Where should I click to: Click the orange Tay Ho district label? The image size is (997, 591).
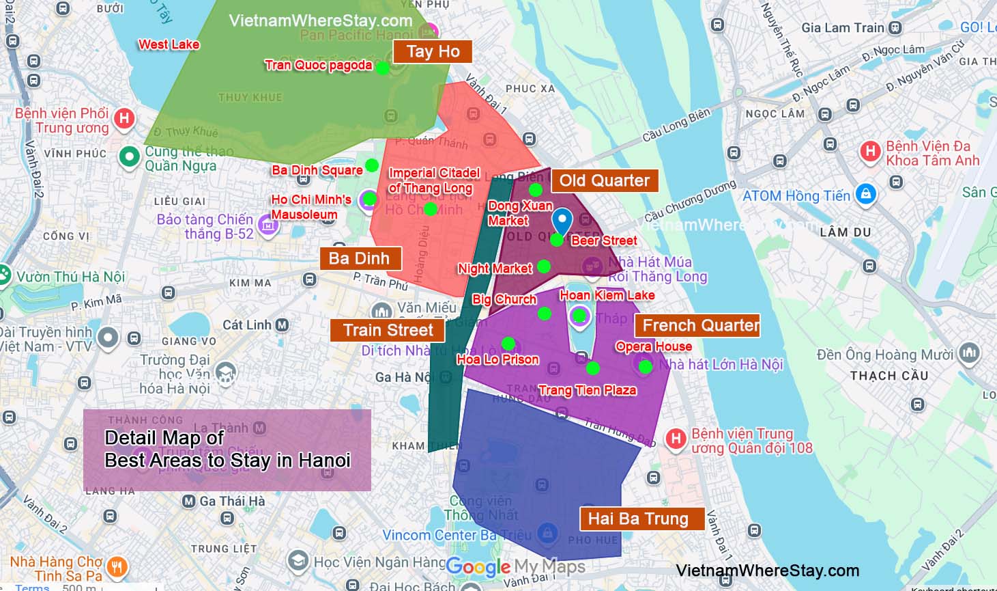click(x=433, y=52)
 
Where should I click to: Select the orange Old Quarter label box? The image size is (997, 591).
click(x=605, y=181)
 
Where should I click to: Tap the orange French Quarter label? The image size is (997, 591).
click(x=700, y=326)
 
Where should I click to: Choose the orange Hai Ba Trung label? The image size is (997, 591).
click(x=638, y=519)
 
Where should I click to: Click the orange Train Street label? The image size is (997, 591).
click(x=388, y=331)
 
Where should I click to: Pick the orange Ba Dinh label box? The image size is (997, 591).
click(x=359, y=259)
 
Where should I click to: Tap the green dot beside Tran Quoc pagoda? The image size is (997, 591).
click(x=383, y=68)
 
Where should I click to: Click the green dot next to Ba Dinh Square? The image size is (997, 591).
click(x=372, y=165)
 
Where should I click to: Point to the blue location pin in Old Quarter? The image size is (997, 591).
click(x=562, y=221)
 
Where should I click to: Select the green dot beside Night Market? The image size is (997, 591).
click(x=544, y=266)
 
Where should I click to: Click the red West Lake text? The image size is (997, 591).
click(x=169, y=45)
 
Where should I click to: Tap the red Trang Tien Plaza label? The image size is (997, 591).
click(x=587, y=391)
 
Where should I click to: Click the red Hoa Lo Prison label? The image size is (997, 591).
click(x=497, y=360)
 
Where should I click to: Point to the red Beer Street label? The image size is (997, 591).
click(x=604, y=241)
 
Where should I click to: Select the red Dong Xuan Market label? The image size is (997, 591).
click(x=519, y=213)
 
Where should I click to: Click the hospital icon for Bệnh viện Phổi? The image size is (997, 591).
click(x=124, y=118)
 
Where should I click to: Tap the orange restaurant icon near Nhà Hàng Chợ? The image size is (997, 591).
click(x=117, y=566)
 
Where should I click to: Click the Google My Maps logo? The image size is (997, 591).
click(x=515, y=566)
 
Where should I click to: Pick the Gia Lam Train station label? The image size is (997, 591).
click(x=843, y=28)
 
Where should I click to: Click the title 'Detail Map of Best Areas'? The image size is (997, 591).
click(x=227, y=449)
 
